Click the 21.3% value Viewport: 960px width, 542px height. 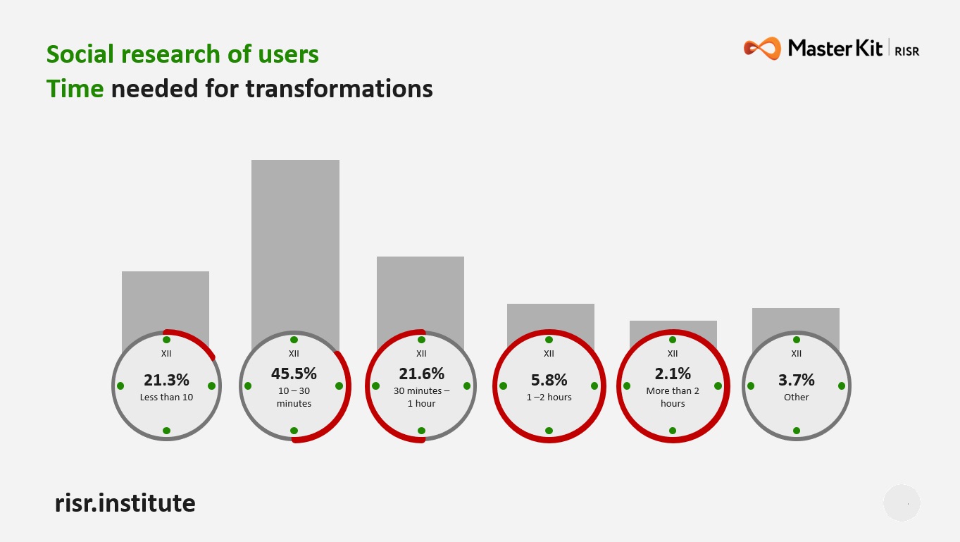tap(166, 380)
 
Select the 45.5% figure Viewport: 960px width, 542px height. tap(294, 373)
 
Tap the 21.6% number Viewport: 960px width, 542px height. tap(421, 373)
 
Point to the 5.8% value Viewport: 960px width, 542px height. tap(549, 380)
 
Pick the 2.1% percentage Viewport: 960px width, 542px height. tap(673, 373)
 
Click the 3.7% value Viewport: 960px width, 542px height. tap(796, 380)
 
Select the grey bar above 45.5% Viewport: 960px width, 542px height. tap(295, 247)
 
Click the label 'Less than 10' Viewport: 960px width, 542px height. tap(166, 398)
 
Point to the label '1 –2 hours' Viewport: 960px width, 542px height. tap(549, 398)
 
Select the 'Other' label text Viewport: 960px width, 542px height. tap(796, 398)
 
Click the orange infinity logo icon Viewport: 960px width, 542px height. tap(762, 49)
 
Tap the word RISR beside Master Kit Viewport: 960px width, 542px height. tap(907, 51)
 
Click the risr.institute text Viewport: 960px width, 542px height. tap(125, 503)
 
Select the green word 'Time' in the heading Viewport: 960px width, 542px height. tap(75, 89)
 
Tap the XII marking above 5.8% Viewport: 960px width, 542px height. tap(549, 354)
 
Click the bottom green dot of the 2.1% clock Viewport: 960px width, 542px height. tap(673, 430)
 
